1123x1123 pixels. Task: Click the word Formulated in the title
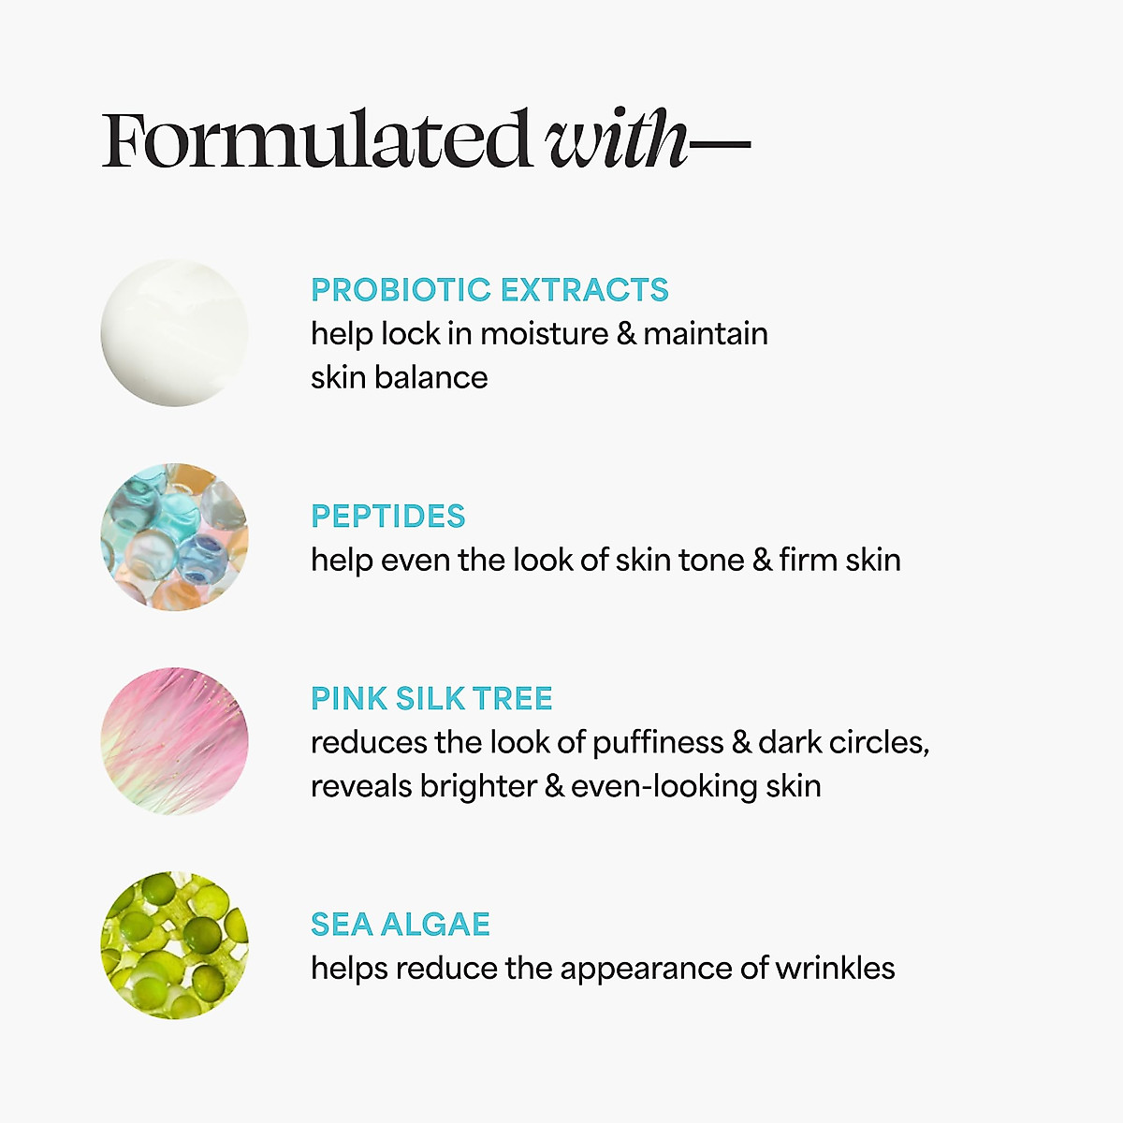pyautogui.click(x=316, y=140)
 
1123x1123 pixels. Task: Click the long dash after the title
pyautogui.click(x=721, y=144)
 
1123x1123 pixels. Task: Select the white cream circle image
pyautogui.click(x=174, y=333)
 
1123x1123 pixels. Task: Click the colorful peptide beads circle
pyautogui.click(x=174, y=536)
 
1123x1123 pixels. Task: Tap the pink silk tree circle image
pyautogui.click(x=174, y=740)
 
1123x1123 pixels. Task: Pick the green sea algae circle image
pyautogui.click(x=174, y=945)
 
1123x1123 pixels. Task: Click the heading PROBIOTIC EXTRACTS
pyautogui.click(x=489, y=290)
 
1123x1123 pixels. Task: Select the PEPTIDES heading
pyautogui.click(x=387, y=517)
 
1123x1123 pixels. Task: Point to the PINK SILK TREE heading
pyautogui.click(x=431, y=698)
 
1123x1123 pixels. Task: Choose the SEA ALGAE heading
pyautogui.click(x=401, y=925)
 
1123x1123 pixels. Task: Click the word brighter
pyautogui.click(x=477, y=786)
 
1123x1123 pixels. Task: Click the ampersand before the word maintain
pyautogui.click(x=626, y=334)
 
